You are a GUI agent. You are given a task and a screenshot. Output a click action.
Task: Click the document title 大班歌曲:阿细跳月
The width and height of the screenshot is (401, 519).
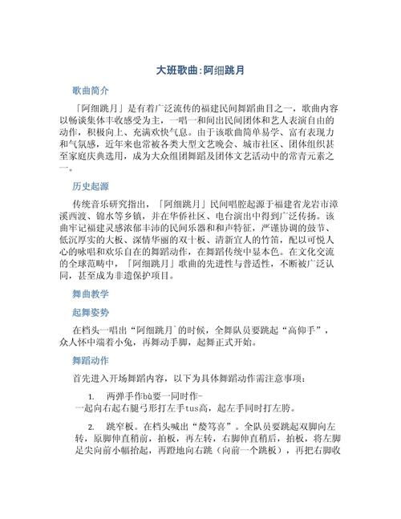pyautogui.click(x=200, y=71)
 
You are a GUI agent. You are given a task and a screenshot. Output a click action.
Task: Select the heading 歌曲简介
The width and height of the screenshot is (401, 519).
pyautogui.click(x=91, y=91)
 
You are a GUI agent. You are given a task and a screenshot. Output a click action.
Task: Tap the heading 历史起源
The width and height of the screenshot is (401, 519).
pyautogui.click(x=91, y=186)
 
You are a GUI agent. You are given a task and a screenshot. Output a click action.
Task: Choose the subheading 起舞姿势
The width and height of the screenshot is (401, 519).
pyautogui.click(x=91, y=312)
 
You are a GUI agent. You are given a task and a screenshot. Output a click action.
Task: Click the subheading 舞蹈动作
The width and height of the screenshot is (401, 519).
pyautogui.click(x=91, y=359)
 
